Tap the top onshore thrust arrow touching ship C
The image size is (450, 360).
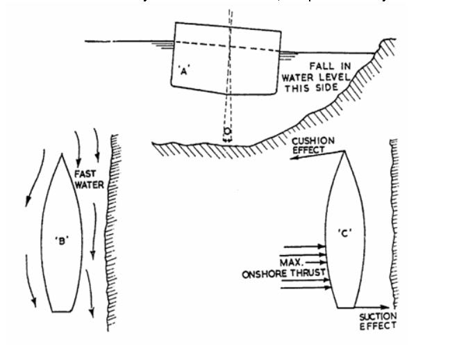pos(306,245)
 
